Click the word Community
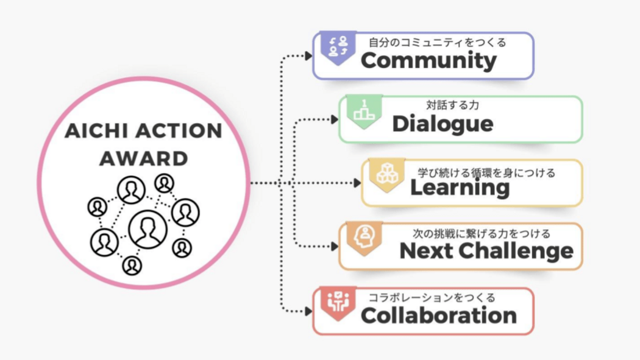pyautogui.click(x=428, y=61)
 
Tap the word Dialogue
pyautogui.click(x=443, y=124)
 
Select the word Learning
pyautogui.click(x=460, y=188)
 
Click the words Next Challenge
pyautogui.click(x=486, y=251)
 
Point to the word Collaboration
pyautogui.click(x=438, y=316)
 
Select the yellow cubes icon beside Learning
pyautogui.click(x=386, y=174)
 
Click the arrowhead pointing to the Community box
pyautogui.click(x=308, y=56)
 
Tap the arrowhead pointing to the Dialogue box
pyautogui.click(x=335, y=120)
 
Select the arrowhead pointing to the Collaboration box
pyautogui.click(x=308, y=311)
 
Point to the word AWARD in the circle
pyautogui.click(x=143, y=158)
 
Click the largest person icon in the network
pyautogui.click(x=148, y=229)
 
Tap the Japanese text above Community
pyautogui.click(x=437, y=43)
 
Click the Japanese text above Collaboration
pyautogui.click(x=431, y=298)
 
